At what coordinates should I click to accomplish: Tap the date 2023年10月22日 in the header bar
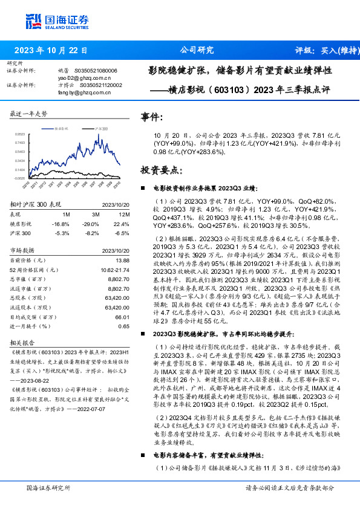(51, 51)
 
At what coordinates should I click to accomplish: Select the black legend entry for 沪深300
(100, 129)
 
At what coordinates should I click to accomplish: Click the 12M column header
(123, 214)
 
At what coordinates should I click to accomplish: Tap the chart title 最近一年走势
(29, 114)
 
